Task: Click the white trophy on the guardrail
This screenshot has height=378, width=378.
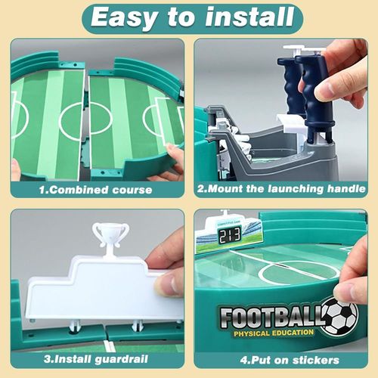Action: (x=110, y=235)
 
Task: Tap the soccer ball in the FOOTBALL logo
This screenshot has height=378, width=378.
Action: (x=339, y=316)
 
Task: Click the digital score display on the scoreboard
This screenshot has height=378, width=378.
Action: (x=230, y=237)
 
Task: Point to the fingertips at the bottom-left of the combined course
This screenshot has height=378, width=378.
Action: (x=15, y=169)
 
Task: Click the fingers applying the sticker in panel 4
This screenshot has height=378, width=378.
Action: (x=352, y=280)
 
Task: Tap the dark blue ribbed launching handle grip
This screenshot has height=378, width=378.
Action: (x=312, y=98)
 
